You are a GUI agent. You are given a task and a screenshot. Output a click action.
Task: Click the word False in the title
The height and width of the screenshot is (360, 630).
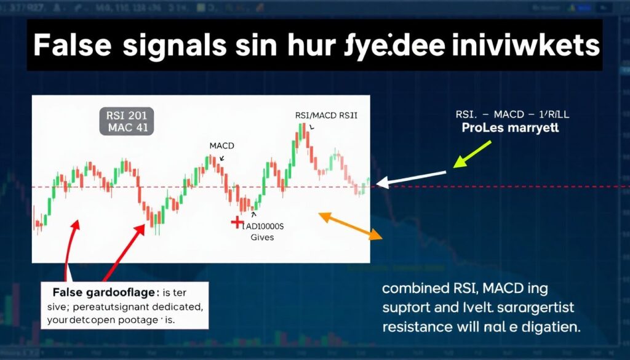tap(72, 46)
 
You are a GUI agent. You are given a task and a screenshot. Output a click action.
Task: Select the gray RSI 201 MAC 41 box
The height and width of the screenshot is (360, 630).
tap(127, 121)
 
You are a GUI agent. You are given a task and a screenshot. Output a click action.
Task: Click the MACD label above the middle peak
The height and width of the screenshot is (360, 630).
tap(221, 146)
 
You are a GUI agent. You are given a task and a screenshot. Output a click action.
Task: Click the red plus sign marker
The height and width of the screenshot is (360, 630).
tap(236, 223)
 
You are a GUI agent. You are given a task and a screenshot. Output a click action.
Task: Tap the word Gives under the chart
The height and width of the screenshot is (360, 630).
tap(262, 238)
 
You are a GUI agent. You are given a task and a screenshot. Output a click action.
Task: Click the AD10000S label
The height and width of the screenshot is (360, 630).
tap(268, 226)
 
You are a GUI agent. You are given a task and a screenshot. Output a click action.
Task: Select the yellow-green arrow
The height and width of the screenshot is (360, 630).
tap(472, 154)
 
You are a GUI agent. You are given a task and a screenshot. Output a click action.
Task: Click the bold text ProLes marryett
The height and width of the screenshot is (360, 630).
tap(510, 129)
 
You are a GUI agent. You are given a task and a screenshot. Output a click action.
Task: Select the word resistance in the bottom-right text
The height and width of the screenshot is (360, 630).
tap(417, 326)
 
